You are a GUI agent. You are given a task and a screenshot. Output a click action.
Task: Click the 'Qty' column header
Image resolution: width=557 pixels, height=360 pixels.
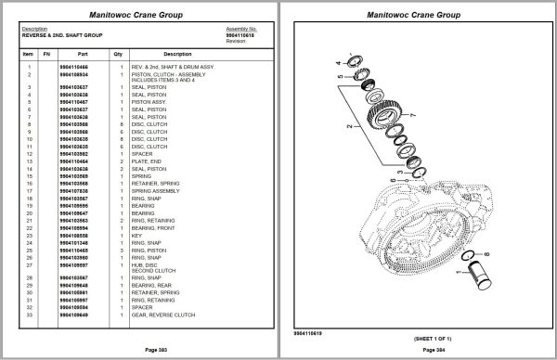pyautogui.click(x=118, y=55)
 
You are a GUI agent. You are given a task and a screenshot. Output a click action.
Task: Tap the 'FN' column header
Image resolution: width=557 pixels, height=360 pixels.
pyautogui.click(x=47, y=55)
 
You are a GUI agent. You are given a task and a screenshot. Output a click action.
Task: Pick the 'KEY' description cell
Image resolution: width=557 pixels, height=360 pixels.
pyautogui.click(x=137, y=236)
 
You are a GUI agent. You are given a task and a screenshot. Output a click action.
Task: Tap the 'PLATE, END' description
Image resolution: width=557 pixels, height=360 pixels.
pyautogui.click(x=147, y=161)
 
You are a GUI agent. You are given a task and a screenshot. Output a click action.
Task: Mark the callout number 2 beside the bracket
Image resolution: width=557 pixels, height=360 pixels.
pyautogui.click(x=349, y=122)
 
